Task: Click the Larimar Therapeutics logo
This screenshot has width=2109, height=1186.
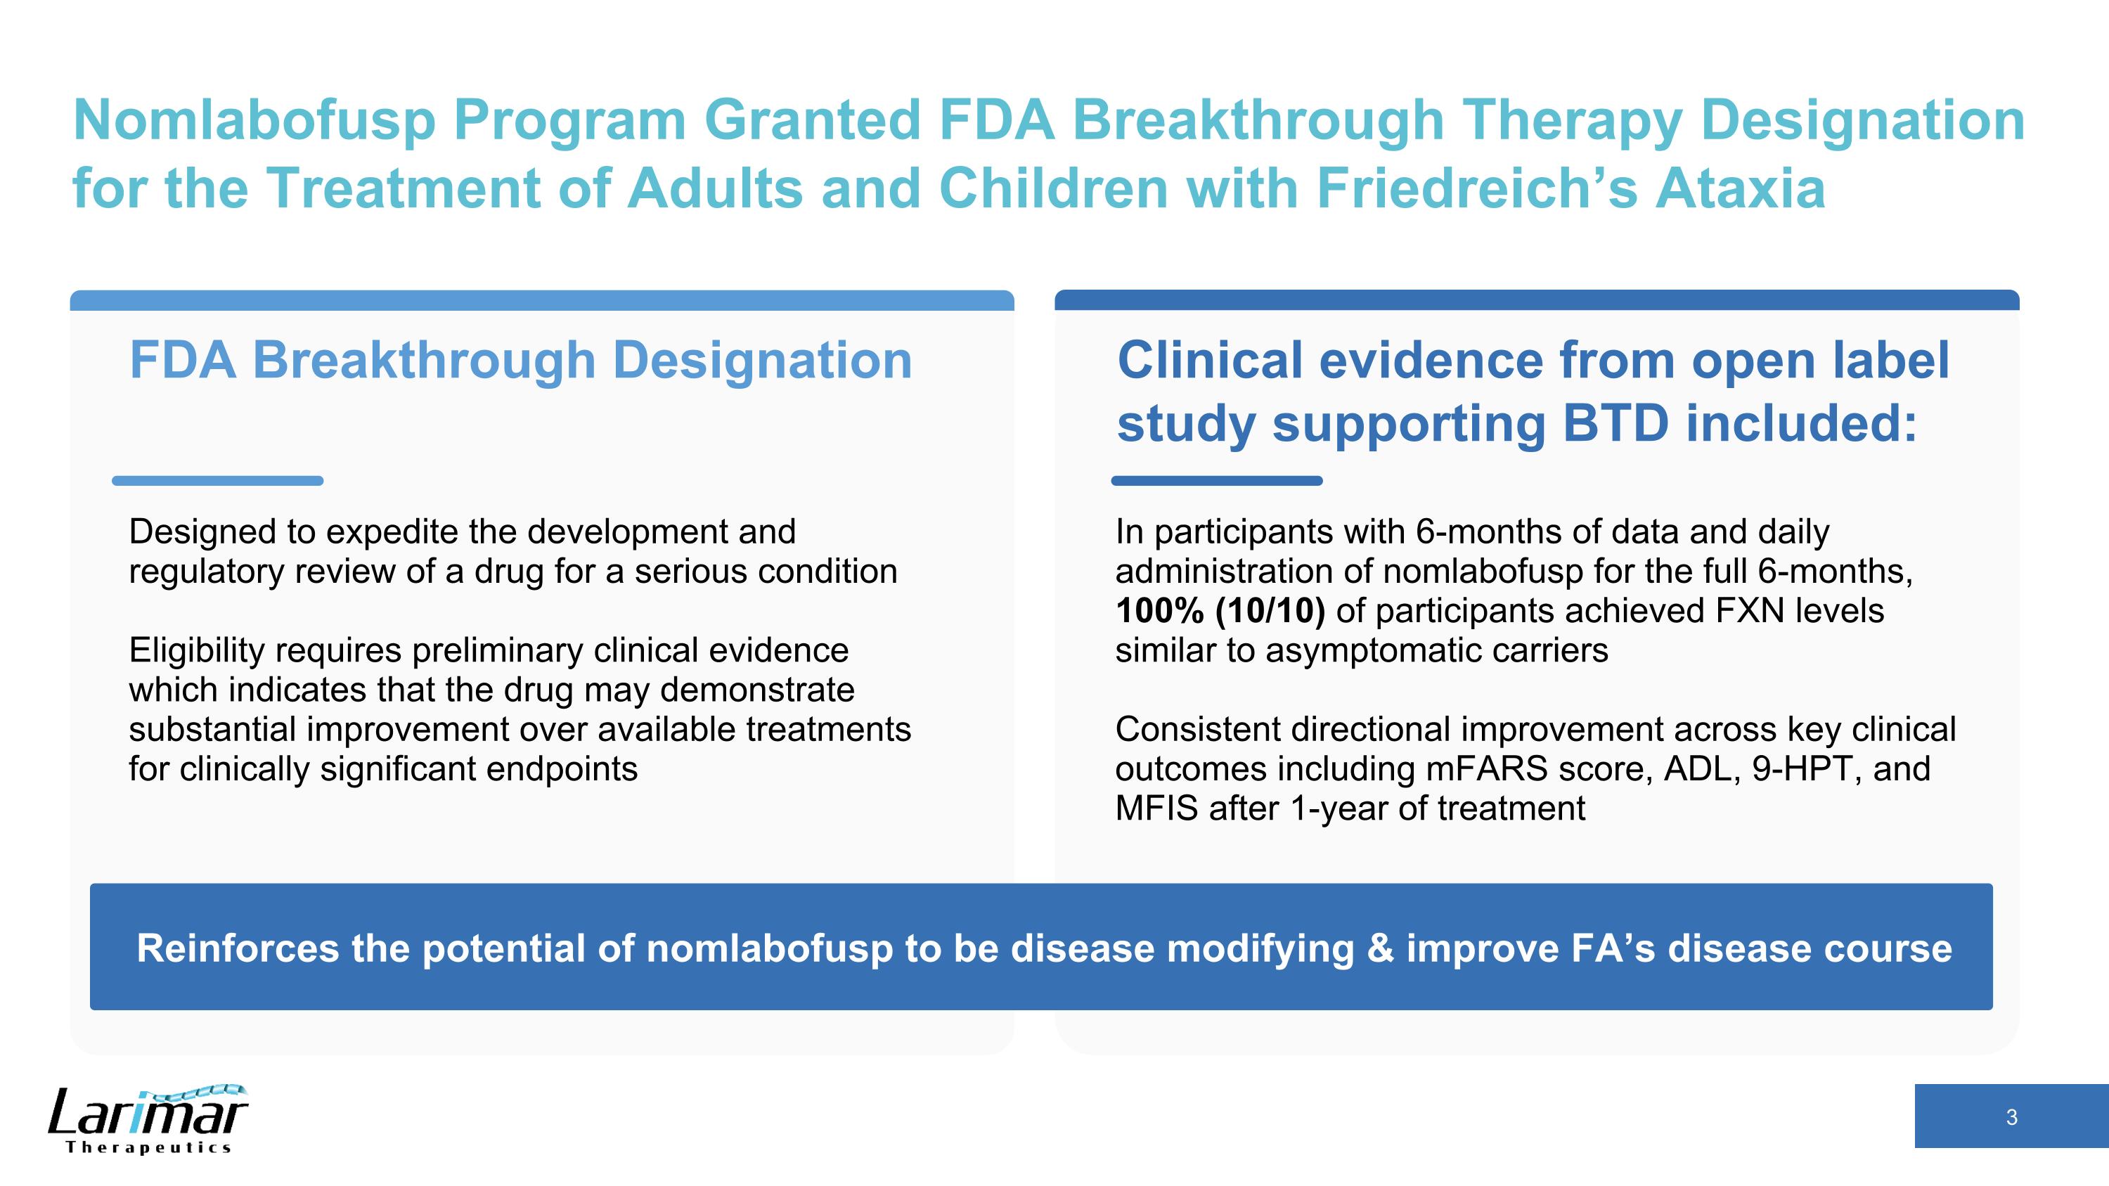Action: click(148, 1119)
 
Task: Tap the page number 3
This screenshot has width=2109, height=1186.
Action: click(2011, 1117)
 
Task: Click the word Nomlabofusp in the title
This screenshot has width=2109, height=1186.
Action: click(254, 121)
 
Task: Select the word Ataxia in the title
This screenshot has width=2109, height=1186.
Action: click(1740, 189)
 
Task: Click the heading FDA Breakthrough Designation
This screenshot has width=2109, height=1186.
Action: click(521, 360)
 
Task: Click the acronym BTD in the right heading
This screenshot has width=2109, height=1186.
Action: click(1615, 424)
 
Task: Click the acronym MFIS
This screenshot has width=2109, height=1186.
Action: click(1155, 808)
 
